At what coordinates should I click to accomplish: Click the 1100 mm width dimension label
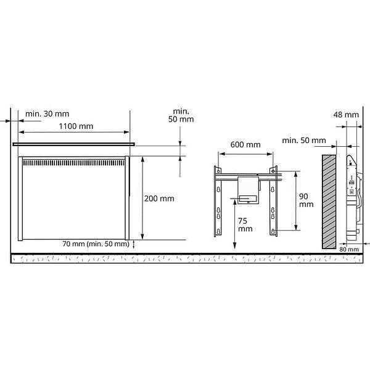(x=76, y=126)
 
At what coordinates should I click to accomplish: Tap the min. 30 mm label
(x=47, y=114)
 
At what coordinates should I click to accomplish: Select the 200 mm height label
(x=159, y=199)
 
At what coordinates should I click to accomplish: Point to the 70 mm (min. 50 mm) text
(x=96, y=244)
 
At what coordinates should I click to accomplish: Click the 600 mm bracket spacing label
(x=245, y=145)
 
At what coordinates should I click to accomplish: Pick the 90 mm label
(x=306, y=200)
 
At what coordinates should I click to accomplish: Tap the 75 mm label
(x=245, y=225)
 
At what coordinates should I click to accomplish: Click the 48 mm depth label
(x=346, y=115)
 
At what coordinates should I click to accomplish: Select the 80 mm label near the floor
(x=349, y=249)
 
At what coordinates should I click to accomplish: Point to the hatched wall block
(x=329, y=202)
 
